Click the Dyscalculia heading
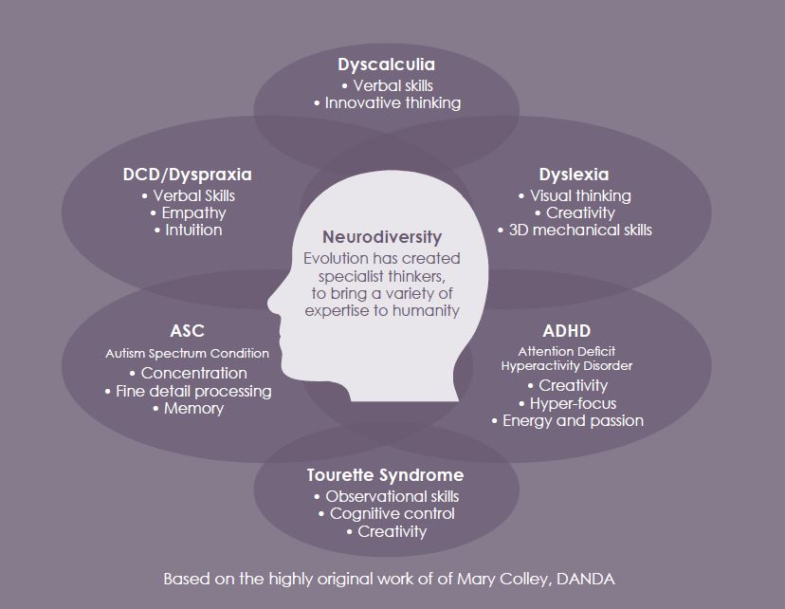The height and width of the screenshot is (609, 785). point(386,65)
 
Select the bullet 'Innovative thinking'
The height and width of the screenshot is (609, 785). point(387,102)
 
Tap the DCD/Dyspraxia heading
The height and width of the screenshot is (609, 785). point(187,175)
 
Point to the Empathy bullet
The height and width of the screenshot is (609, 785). point(189,212)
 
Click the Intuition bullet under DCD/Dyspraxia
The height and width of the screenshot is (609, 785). point(189,230)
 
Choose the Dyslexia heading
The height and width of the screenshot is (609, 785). point(574,175)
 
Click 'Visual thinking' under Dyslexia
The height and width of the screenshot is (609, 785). point(575,195)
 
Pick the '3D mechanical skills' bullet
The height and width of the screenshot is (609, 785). point(575,230)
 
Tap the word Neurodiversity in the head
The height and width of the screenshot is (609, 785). point(382,237)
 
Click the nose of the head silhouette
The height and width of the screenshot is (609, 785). point(272,304)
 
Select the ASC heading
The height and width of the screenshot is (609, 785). point(187,330)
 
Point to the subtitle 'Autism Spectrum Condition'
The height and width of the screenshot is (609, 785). point(187,353)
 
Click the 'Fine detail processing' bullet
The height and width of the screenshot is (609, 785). point(189,391)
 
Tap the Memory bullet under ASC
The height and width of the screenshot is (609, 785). point(189,409)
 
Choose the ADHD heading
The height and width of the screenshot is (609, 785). point(567,330)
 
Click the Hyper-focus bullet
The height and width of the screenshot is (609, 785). point(568,403)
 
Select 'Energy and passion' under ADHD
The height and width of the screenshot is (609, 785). point(568,420)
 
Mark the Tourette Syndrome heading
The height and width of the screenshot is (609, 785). point(385,475)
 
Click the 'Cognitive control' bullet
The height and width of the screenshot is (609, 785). point(387,513)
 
